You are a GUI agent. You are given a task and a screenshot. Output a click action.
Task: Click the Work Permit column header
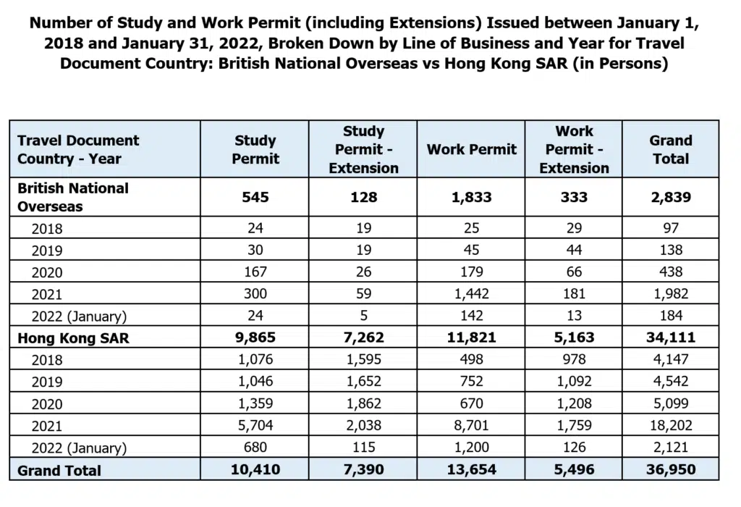pyautogui.click(x=472, y=149)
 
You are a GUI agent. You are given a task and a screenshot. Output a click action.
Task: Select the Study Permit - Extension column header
pyautogui.click(x=363, y=149)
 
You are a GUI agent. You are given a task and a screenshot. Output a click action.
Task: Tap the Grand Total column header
pyautogui.click(x=671, y=149)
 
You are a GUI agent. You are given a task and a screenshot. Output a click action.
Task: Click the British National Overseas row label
pyautogui.click(x=73, y=197)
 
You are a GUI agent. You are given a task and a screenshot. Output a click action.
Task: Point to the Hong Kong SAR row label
pyautogui.click(x=73, y=338)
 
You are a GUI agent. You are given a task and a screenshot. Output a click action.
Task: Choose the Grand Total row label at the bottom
pyautogui.click(x=59, y=470)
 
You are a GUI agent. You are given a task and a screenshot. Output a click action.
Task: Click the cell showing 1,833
pyautogui.click(x=472, y=197)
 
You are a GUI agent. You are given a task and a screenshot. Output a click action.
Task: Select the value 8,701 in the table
pyautogui.click(x=472, y=426)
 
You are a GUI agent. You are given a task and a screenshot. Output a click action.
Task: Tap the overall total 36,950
pyautogui.click(x=671, y=470)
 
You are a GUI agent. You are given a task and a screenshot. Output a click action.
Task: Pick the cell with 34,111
pyautogui.click(x=671, y=338)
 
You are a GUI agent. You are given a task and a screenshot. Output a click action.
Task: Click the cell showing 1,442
pyautogui.click(x=472, y=294)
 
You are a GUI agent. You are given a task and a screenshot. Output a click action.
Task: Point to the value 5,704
pyautogui.click(x=255, y=426)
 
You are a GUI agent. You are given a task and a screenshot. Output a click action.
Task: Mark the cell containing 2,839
pyautogui.click(x=671, y=197)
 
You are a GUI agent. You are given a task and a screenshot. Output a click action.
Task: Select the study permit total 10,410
pyautogui.click(x=255, y=470)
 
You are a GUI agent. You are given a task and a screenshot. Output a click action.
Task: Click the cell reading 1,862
pyautogui.click(x=363, y=403)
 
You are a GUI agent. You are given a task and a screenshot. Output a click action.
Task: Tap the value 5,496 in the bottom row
pyautogui.click(x=575, y=470)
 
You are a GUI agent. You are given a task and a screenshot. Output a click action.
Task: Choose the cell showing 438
pyautogui.click(x=671, y=272)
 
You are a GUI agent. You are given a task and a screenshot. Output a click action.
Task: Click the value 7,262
pyautogui.click(x=363, y=338)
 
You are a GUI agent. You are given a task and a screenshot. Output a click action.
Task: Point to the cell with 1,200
pyautogui.click(x=472, y=448)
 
